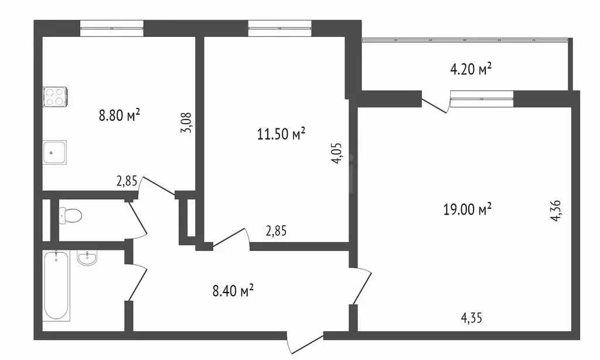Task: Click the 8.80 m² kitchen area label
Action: [120, 116]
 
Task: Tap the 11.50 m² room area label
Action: [282, 135]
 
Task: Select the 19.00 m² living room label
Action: [467, 209]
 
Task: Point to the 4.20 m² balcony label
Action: [470, 70]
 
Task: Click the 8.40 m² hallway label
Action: [233, 290]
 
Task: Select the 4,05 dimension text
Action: [336, 153]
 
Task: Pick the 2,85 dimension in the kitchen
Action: [127, 181]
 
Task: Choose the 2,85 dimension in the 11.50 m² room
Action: [276, 231]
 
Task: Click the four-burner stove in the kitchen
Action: [54, 97]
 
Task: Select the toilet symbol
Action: [70, 216]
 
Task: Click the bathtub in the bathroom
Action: [57, 286]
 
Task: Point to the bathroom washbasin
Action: [87, 258]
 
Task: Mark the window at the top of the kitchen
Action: [111, 28]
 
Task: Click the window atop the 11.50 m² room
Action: [279, 28]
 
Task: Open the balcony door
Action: [435, 103]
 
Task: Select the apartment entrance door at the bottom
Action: [305, 344]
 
